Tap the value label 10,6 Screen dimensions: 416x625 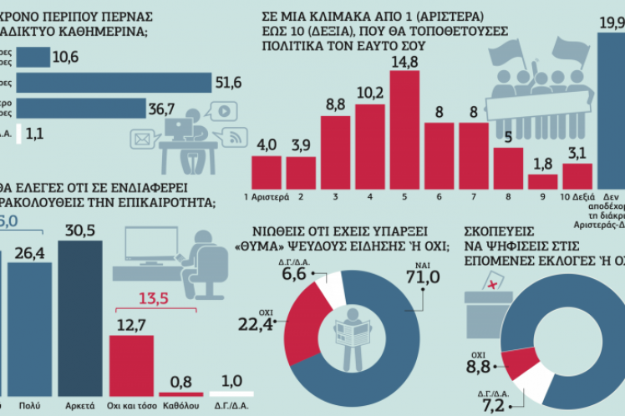65,57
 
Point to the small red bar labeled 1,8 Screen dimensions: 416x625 542,180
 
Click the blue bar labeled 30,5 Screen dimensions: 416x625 79,317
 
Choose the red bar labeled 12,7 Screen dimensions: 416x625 130,365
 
